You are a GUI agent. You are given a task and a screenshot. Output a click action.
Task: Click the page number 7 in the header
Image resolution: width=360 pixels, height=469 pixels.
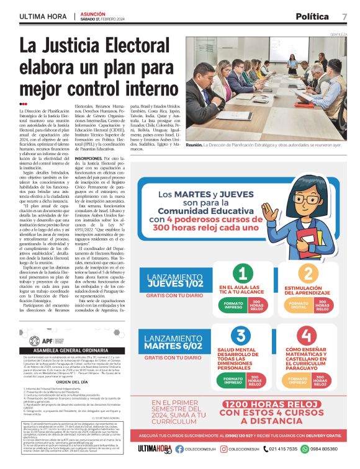(344, 16)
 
